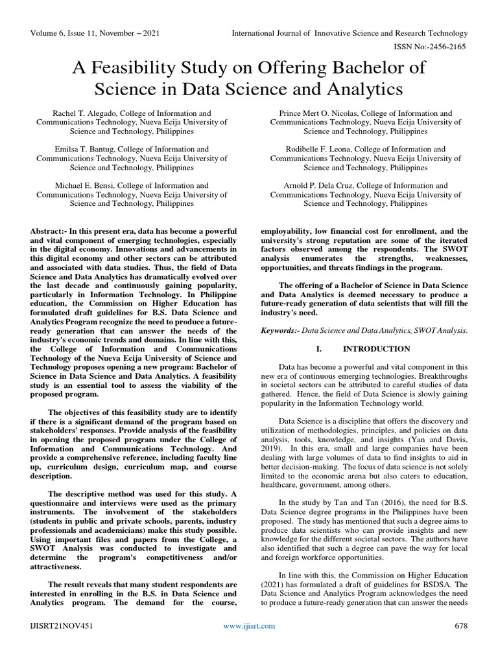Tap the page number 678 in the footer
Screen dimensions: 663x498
[x=461, y=625]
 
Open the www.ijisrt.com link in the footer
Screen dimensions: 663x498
[x=249, y=625]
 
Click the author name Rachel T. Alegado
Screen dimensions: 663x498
[x=75, y=113]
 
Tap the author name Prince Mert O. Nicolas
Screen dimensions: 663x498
[x=316, y=113]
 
